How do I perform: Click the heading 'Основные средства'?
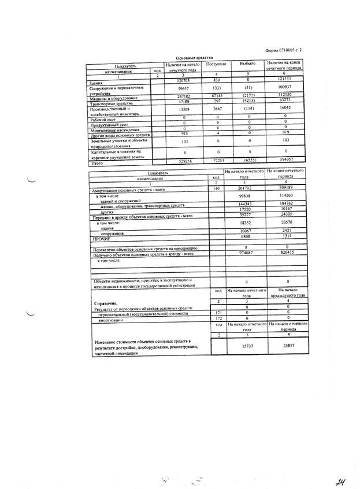[x=194, y=58]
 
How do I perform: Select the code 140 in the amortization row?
[x=216, y=188]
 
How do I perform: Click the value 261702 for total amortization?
[x=246, y=188]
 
